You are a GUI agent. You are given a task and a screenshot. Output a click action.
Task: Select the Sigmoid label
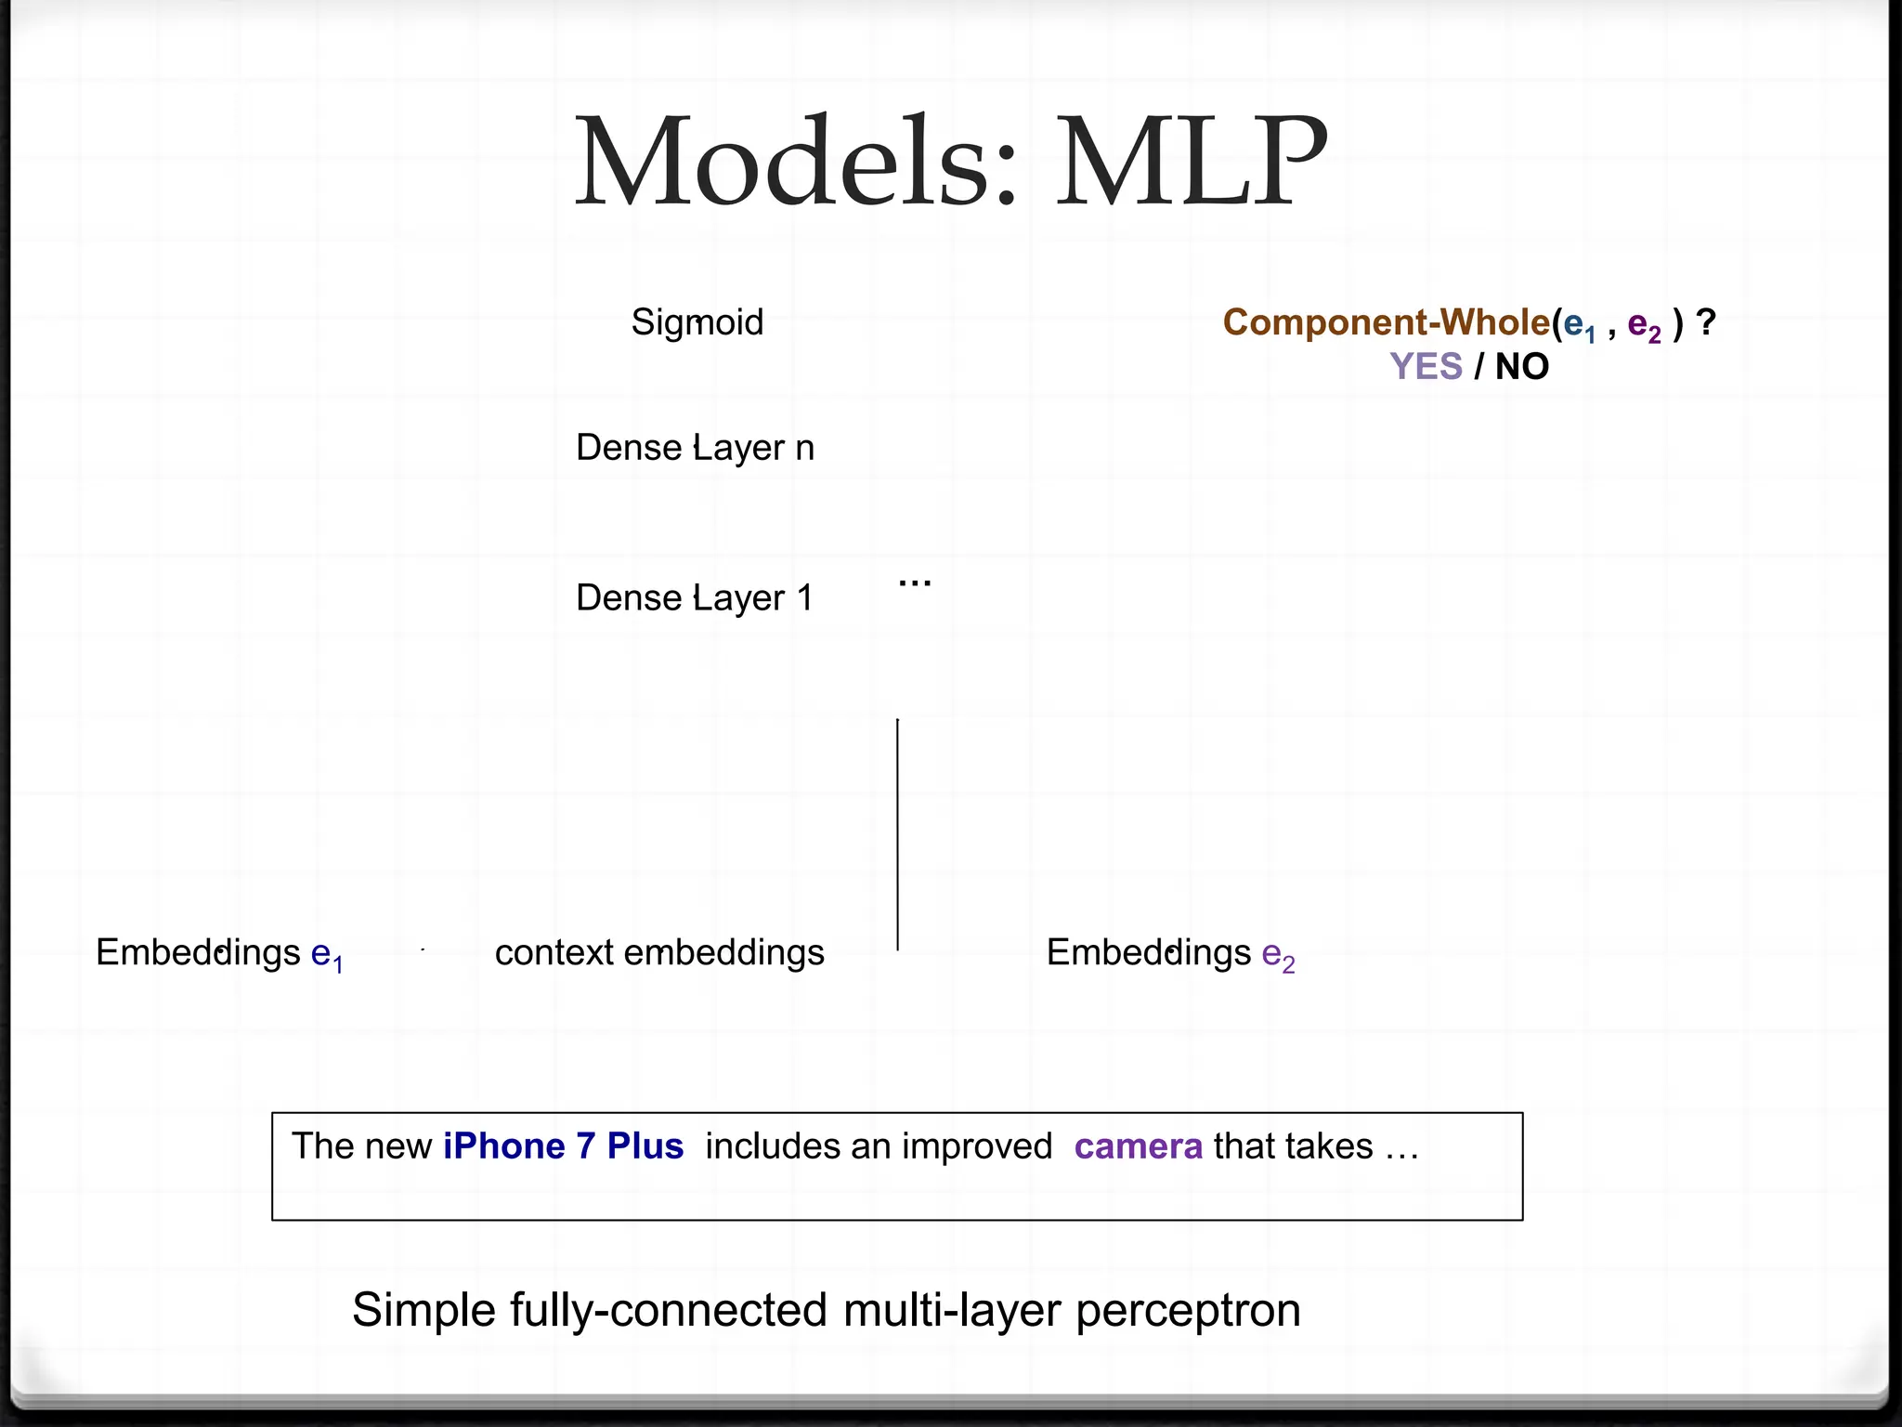click(697, 322)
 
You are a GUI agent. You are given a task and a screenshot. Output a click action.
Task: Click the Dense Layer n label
click(695, 448)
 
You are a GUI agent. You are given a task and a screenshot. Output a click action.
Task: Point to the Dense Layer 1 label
click(694, 597)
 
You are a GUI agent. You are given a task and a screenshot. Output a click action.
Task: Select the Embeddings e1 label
click(219, 953)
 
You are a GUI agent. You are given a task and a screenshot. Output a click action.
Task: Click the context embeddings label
click(659, 953)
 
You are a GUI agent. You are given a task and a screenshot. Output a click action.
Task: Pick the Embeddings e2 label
click(1170, 953)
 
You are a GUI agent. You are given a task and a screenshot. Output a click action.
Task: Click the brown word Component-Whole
click(1386, 322)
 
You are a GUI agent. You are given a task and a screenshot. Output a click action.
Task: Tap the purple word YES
click(1426, 367)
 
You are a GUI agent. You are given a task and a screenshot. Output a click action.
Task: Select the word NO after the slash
click(1522, 367)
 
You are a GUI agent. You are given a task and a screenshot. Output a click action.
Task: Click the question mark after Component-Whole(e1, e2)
click(1705, 322)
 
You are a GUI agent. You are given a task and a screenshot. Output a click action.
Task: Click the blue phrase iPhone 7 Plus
click(563, 1146)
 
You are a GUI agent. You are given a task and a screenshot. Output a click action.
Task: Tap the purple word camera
click(1138, 1146)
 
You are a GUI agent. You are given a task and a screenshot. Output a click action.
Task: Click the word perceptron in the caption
click(1188, 1311)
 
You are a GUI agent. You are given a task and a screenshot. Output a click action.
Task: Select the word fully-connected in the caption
click(670, 1311)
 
